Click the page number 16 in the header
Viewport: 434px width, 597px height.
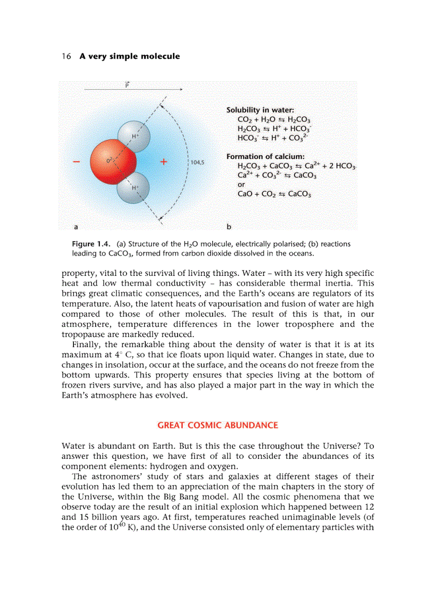[x=66, y=56]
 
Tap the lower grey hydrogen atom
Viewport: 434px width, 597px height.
[x=133, y=188]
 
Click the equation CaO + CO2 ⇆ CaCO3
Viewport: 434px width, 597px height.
[x=274, y=194]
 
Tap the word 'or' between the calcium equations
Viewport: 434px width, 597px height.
[x=241, y=185]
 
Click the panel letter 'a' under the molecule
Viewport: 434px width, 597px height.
[x=76, y=227]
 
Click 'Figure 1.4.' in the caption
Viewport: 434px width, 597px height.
[x=91, y=244]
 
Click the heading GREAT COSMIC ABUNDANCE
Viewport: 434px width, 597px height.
[x=218, y=425]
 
